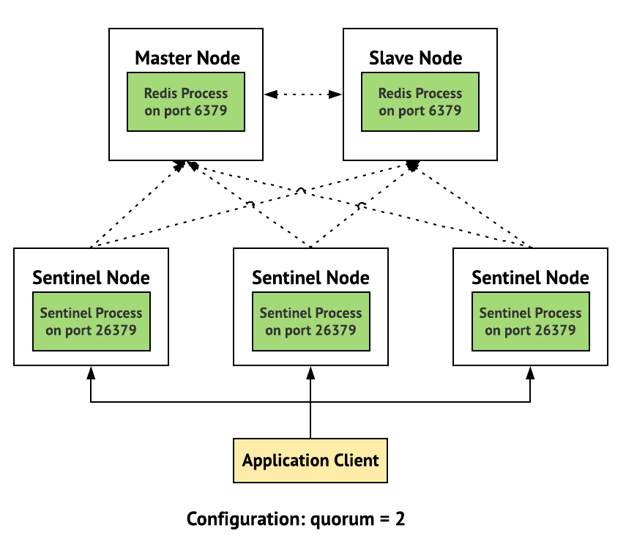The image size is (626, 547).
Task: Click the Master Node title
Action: click(187, 58)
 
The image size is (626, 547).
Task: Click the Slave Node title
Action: click(415, 58)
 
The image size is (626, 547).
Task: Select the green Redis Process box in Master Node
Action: click(186, 102)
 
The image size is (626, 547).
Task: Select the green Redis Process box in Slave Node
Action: click(420, 102)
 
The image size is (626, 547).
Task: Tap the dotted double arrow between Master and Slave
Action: click(303, 94)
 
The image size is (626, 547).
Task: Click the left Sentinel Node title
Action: click(91, 278)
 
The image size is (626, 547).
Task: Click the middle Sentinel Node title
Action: click(310, 278)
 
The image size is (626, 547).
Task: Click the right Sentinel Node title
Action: click(530, 278)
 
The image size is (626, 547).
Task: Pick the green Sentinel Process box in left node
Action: click(91, 321)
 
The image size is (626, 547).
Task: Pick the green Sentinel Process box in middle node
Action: click(310, 321)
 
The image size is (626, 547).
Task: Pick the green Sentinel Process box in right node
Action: click(530, 321)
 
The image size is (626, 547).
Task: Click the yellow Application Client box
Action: click(310, 461)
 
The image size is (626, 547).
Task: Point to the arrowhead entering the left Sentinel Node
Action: click(91, 372)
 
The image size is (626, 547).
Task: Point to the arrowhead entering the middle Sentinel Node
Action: click(310, 372)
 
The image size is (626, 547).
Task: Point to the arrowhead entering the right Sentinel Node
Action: click(530, 372)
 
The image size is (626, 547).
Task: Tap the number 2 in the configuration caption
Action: click(400, 519)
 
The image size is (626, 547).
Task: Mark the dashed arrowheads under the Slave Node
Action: click(412, 166)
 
